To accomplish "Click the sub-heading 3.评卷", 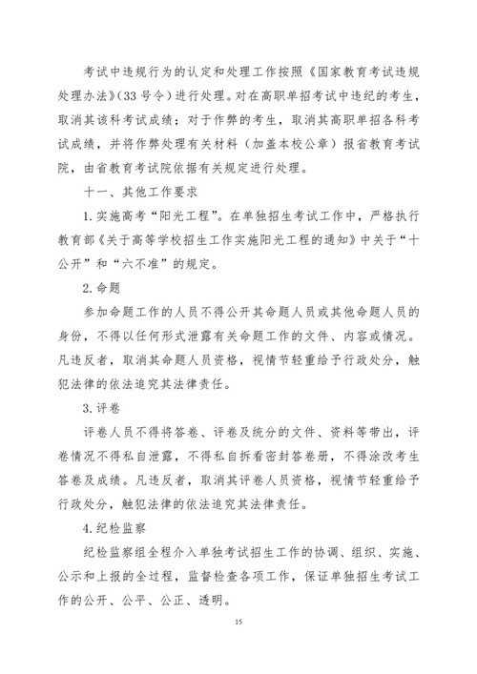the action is [x=100, y=407].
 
